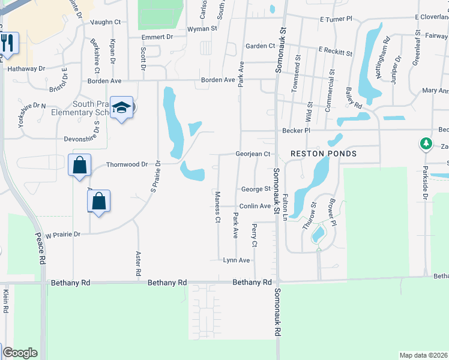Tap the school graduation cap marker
(121, 108)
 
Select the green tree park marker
(426, 144)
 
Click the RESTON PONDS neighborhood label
(324, 154)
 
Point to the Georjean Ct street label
(253, 154)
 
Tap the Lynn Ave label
(236, 260)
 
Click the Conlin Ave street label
(256, 206)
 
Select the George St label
(255, 189)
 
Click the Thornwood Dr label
(126, 164)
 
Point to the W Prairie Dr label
(62, 235)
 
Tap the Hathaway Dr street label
(26, 69)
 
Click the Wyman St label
(202, 28)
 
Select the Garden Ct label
(260, 46)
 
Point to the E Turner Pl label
(336, 19)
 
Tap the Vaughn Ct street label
(105, 22)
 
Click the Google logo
(20, 353)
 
